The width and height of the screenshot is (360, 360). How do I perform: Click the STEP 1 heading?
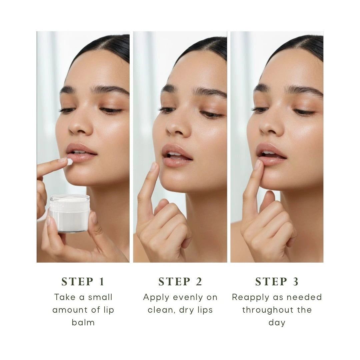(x=83, y=282)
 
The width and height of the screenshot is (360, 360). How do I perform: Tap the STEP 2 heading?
(x=180, y=282)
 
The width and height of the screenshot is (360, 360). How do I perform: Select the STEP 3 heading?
(x=277, y=282)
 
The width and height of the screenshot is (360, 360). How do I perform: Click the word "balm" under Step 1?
(x=83, y=322)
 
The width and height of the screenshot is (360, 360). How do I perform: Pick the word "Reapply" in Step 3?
(x=247, y=297)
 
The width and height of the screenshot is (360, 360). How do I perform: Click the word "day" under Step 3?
(x=277, y=322)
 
